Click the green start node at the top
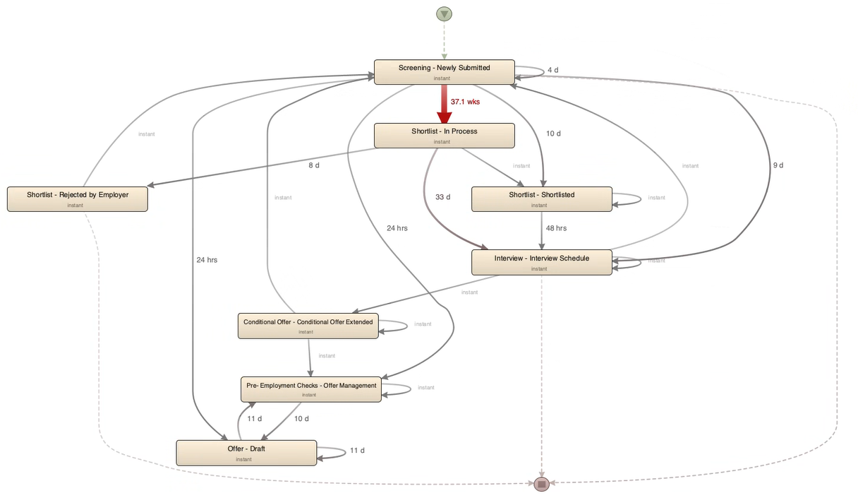pyautogui.click(x=444, y=13)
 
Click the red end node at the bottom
pyautogui.click(x=541, y=484)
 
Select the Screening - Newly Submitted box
pyautogui.click(x=444, y=72)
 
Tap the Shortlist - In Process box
pyautogui.click(x=444, y=136)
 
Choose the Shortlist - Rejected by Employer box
pyautogui.click(x=78, y=198)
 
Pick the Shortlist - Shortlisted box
pyautogui.click(x=541, y=198)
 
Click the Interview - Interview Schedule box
pyautogui.click(x=541, y=262)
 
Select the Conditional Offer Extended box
pyautogui.click(x=308, y=326)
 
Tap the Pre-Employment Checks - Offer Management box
pyautogui.click(x=311, y=389)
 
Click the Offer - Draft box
pyautogui.click(x=246, y=453)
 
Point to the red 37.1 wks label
pyautogui.click(x=465, y=102)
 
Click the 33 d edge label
pyautogui.click(x=442, y=197)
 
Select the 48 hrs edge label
pyautogui.click(x=556, y=228)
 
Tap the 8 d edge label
pyautogui.click(x=314, y=165)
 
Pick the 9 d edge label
pyautogui.click(x=778, y=165)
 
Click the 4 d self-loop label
pyautogui.click(x=553, y=70)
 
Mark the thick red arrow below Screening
pyautogui.click(x=444, y=103)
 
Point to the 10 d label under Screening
pyautogui.click(x=553, y=134)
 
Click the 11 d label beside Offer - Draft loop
pyautogui.click(x=357, y=450)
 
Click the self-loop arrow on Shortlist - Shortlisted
pyautogui.click(x=640, y=198)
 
